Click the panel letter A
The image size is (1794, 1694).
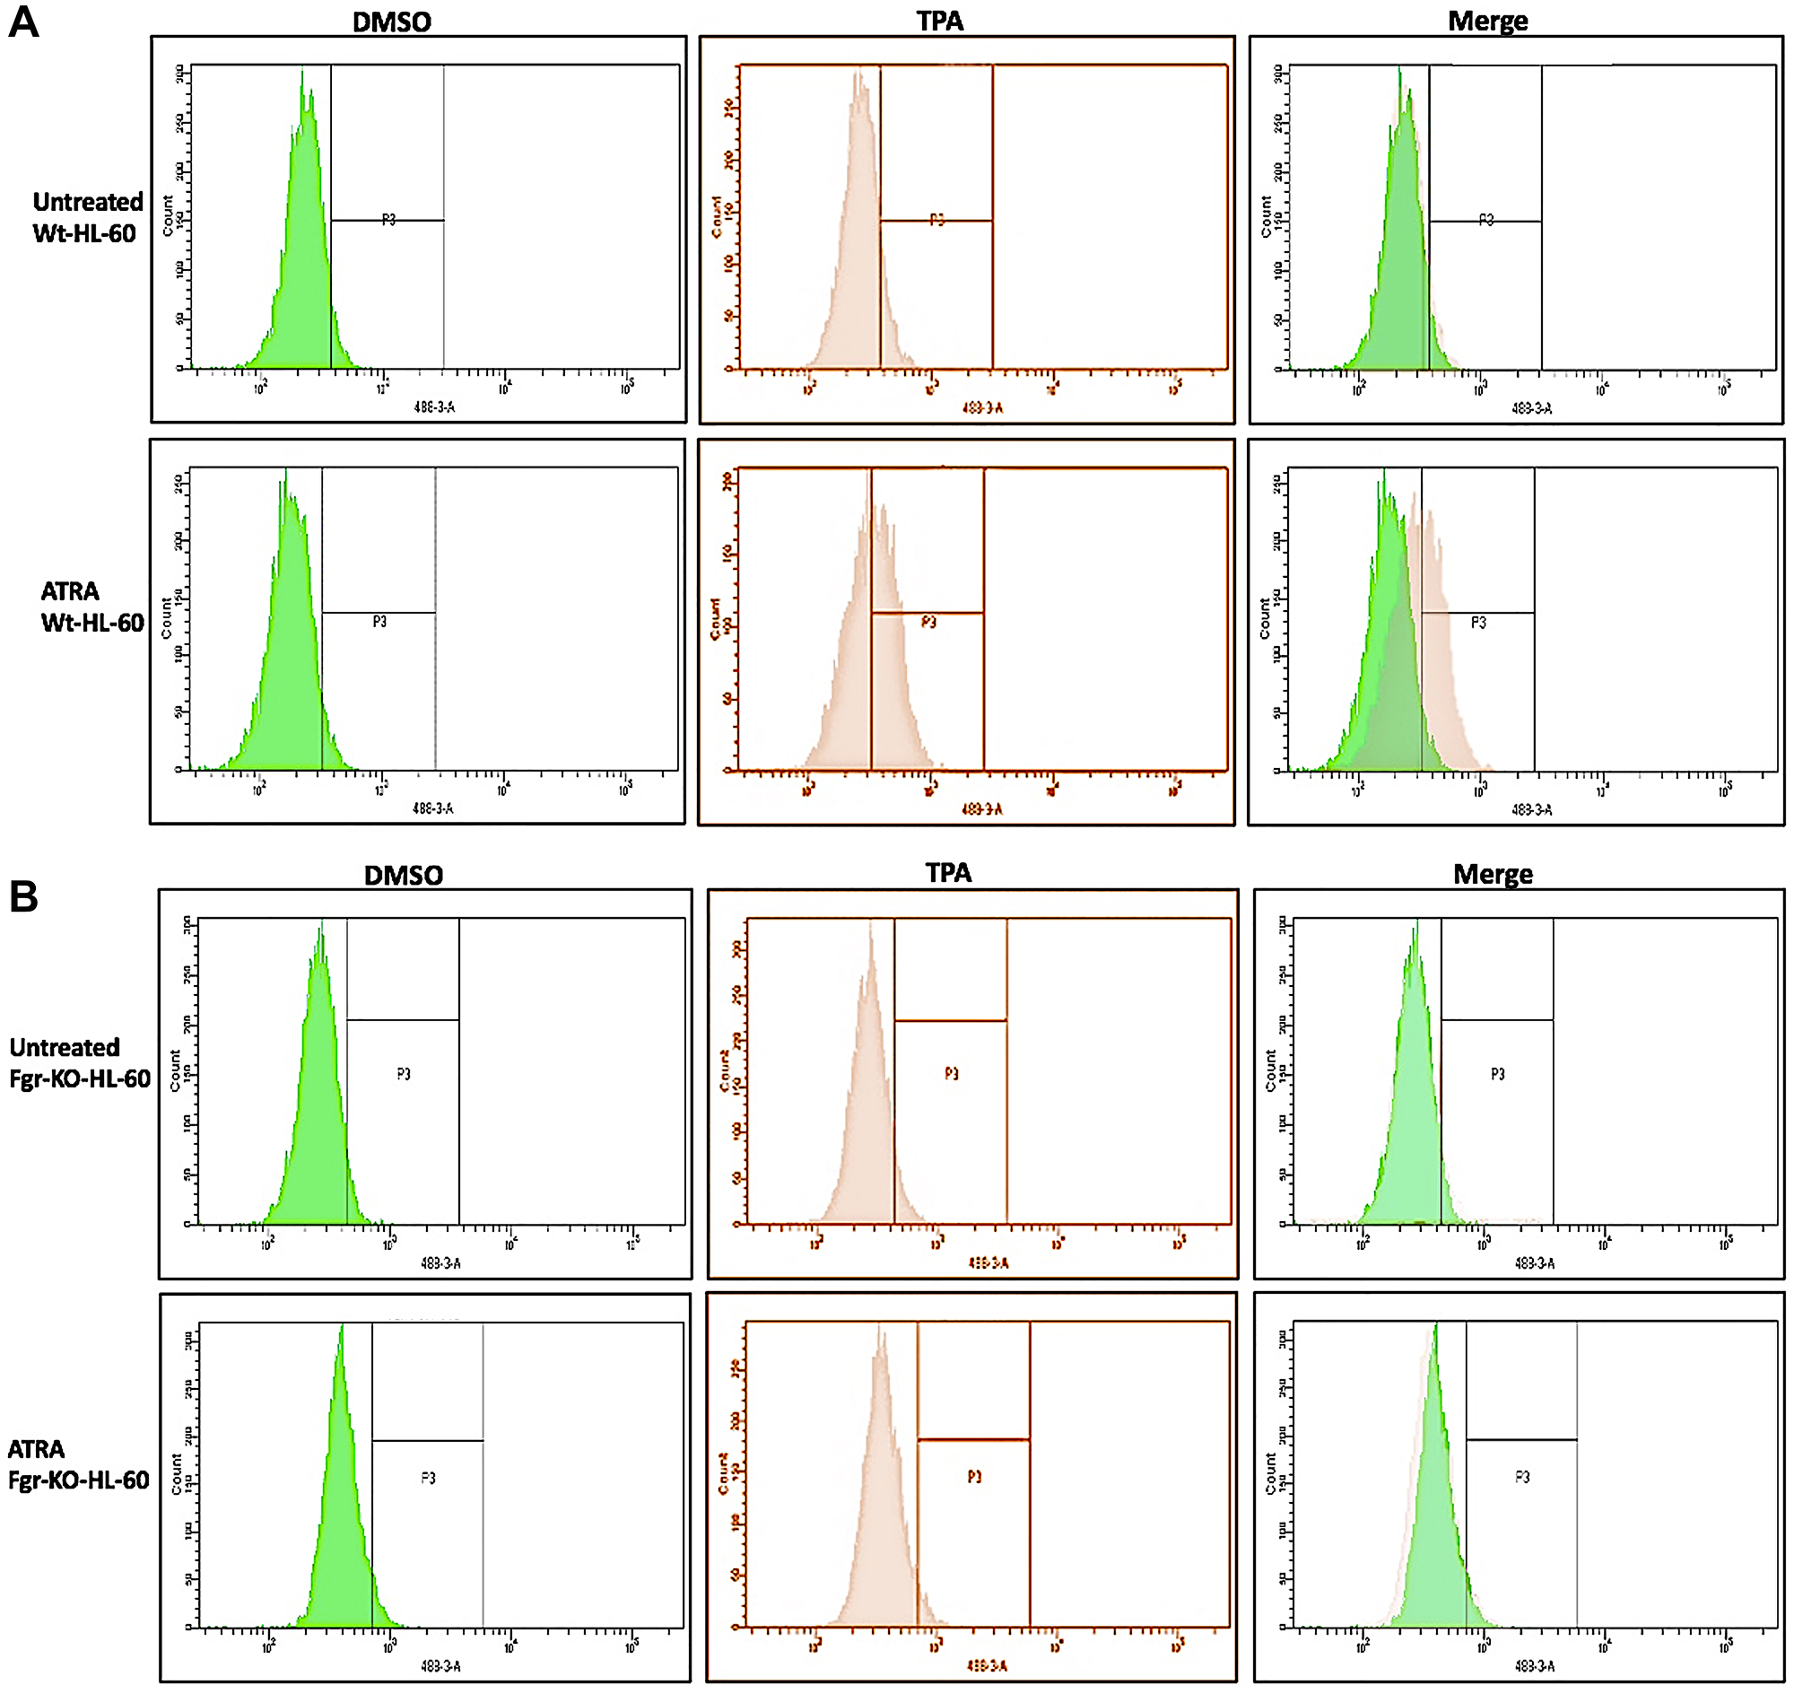23,22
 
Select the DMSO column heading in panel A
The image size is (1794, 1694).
391,22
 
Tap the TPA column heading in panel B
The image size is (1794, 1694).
948,872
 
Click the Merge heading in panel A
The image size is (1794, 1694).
1487,22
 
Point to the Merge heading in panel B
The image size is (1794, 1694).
1493,874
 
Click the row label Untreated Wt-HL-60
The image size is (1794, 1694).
88,218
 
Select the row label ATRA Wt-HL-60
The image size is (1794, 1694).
91,607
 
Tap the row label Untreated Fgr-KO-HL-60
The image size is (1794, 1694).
80,1063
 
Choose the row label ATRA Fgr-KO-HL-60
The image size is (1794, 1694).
78,1464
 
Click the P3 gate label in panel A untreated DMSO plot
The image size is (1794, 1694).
388,220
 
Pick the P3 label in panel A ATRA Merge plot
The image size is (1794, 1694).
1478,622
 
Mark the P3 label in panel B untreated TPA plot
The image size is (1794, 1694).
952,1073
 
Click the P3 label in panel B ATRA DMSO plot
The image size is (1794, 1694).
428,1477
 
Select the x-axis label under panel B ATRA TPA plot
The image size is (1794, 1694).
987,1665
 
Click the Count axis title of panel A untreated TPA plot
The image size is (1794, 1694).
716,217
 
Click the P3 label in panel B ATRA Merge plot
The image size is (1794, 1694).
1522,1477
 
